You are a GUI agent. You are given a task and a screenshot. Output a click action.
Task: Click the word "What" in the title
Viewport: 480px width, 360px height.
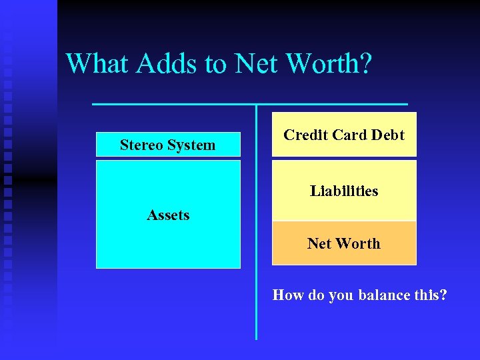[98, 64]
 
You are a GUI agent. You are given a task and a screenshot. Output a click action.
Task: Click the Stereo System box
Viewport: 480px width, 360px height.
[168, 145]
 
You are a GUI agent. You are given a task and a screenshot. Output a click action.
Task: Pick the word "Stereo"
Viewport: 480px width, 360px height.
[141, 145]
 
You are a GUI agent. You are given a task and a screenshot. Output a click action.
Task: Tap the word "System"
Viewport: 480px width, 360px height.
[191, 145]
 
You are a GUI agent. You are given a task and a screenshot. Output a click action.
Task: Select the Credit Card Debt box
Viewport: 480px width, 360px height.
[344, 135]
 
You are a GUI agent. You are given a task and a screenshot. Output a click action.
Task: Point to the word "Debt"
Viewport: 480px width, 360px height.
[387, 135]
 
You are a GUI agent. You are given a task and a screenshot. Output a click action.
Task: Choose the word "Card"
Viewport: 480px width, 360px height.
[349, 135]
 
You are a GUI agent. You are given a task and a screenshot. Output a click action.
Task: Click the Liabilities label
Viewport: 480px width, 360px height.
[344, 191]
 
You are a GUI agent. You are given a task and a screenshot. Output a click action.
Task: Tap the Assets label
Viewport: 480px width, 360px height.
[168, 215]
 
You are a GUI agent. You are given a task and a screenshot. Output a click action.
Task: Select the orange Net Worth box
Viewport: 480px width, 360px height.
[344, 244]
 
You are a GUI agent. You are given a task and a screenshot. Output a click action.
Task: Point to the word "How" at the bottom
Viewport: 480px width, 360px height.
[288, 295]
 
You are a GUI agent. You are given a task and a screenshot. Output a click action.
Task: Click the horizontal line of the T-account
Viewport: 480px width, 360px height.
[173, 105]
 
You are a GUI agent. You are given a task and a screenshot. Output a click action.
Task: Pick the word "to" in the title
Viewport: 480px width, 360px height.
[215, 65]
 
